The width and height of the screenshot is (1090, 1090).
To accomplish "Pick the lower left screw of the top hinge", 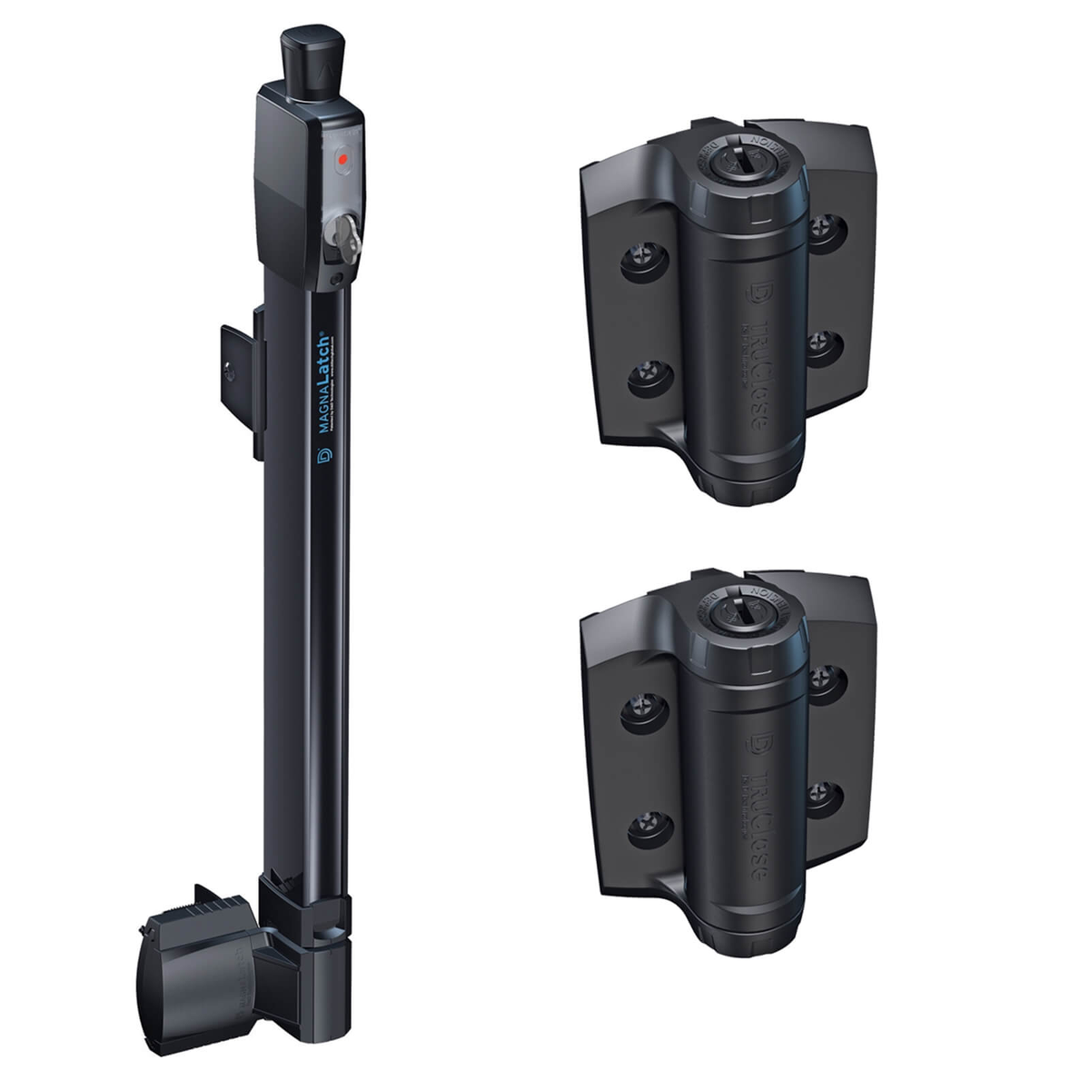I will pyautogui.click(x=650, y=371).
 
